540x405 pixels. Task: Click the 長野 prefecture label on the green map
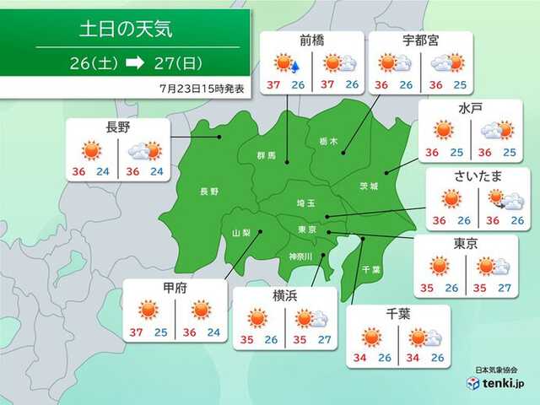click(208, 192)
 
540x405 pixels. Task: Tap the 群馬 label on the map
click(266, 156)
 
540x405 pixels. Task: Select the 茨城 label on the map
click(368, 185)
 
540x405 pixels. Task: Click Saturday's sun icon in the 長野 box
click(91, 151)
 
